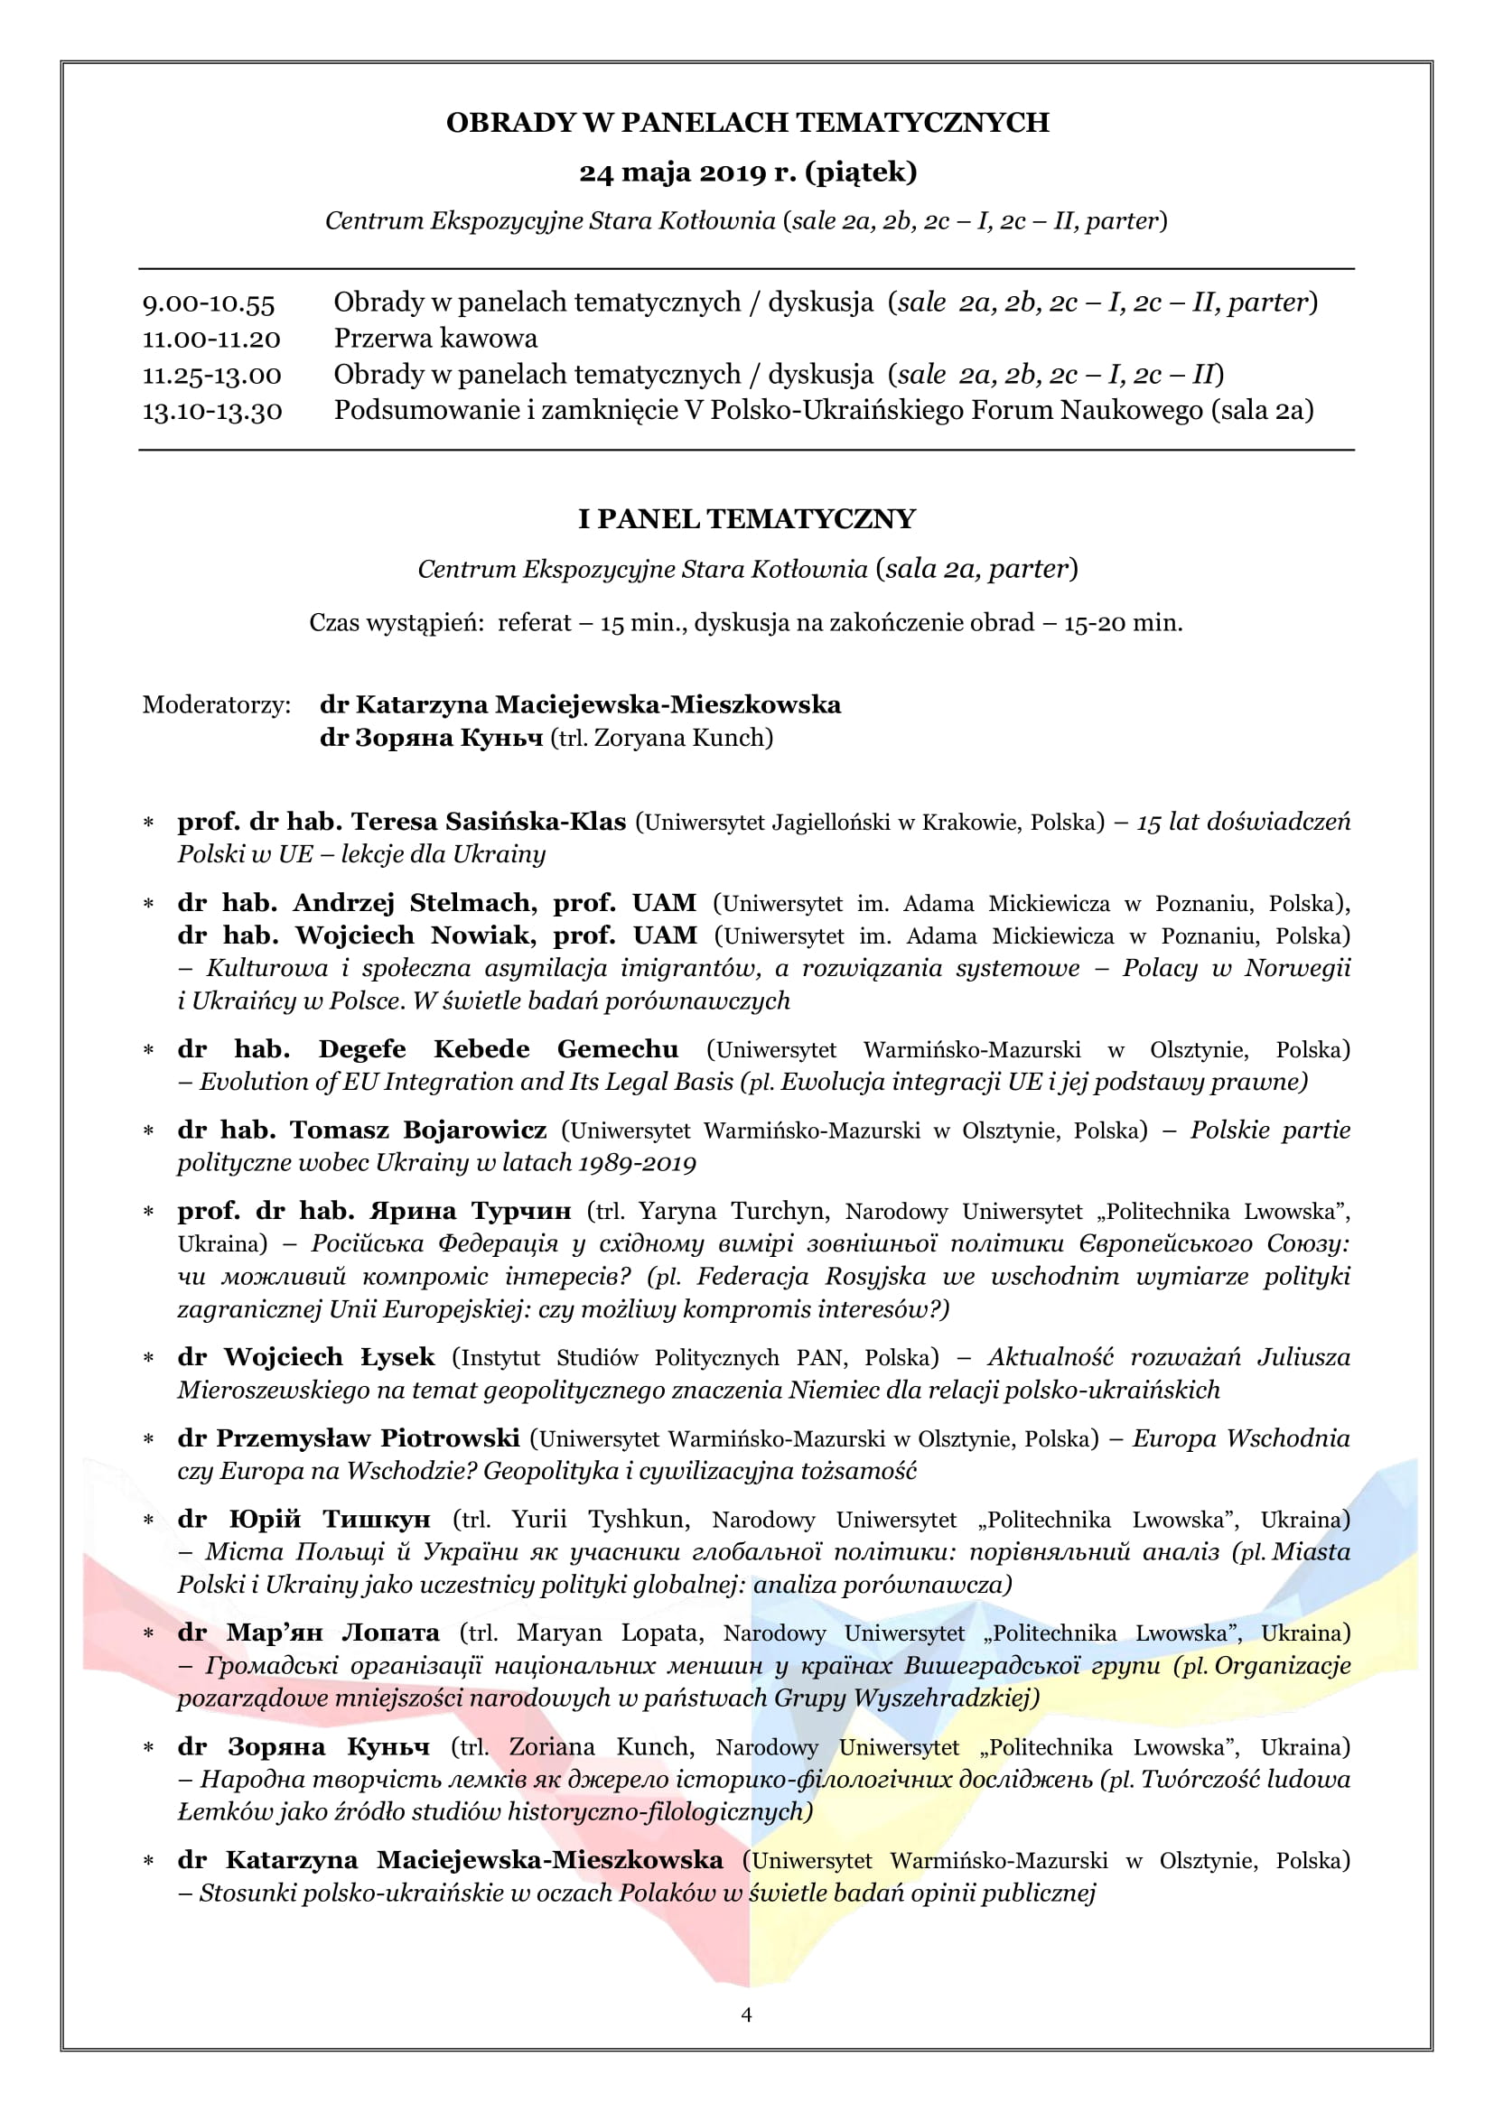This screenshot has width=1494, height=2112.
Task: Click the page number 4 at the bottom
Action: pos(746,2014)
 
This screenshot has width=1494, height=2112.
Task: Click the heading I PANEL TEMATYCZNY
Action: pos(746,519)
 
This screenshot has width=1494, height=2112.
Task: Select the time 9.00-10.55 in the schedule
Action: pos(209,302)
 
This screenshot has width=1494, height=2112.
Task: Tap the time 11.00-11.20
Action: pos(210,339)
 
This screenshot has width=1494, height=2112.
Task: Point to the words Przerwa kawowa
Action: pos(435,339)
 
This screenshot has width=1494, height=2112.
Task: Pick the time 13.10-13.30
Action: pos(211,410)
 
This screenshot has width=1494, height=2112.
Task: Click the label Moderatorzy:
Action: pos(216,705)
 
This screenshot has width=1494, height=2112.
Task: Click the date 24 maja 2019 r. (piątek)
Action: pos(747,172)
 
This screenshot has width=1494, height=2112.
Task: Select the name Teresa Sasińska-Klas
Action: pos(489,822)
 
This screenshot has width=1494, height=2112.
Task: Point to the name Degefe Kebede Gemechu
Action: pos(498,1048)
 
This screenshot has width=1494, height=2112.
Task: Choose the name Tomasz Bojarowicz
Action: pos(418,1130)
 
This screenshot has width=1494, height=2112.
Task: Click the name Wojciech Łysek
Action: pos(330,1357)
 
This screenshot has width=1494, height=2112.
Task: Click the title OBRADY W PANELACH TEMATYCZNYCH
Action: pos(747,122)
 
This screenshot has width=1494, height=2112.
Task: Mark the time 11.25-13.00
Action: pos(211,376)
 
